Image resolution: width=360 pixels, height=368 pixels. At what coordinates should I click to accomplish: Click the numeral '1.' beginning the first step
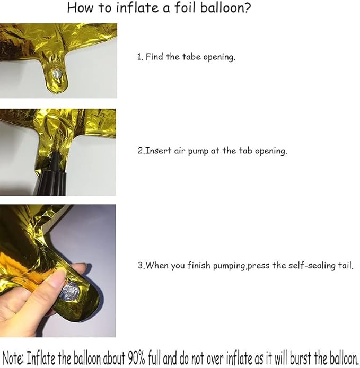[140, 57]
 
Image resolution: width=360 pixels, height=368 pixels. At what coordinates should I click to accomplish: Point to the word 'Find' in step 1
[155, 57]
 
